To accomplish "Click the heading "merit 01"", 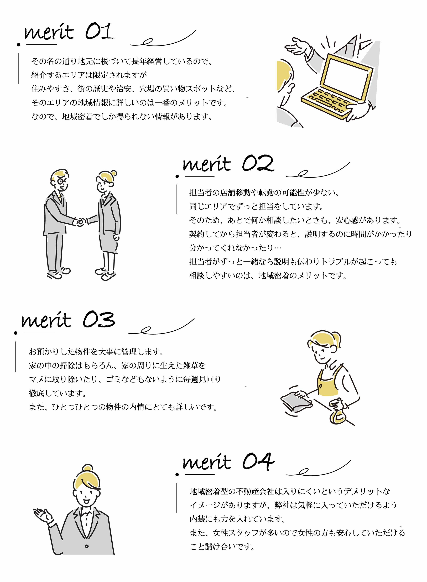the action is click(69, 32).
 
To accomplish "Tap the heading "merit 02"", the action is click(228, 164).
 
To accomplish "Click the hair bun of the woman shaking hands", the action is click(113, 173).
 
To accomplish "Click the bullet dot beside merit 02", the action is click(177, 176).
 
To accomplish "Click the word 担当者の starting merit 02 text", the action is click(205, 193).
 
